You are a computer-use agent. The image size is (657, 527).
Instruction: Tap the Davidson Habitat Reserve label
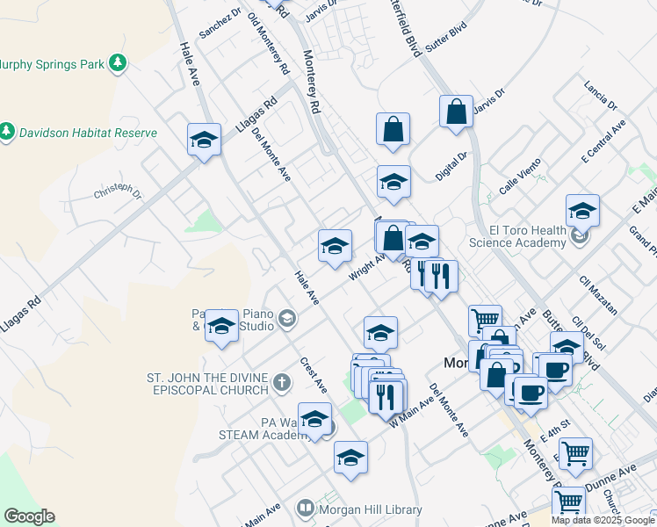coord(89,133)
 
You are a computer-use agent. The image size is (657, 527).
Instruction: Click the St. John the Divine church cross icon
coord(281,381)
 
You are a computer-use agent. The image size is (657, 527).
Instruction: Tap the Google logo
coord(29,516)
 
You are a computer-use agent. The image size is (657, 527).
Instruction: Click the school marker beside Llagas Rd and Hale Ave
coord(204,141)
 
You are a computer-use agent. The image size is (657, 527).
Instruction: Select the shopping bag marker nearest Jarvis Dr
coord(456,112)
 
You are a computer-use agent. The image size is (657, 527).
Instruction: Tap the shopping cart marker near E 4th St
coord(575,454)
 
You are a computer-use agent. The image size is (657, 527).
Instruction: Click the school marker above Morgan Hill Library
coord(350,458)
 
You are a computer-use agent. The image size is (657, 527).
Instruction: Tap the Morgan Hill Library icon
coord(306,509)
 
